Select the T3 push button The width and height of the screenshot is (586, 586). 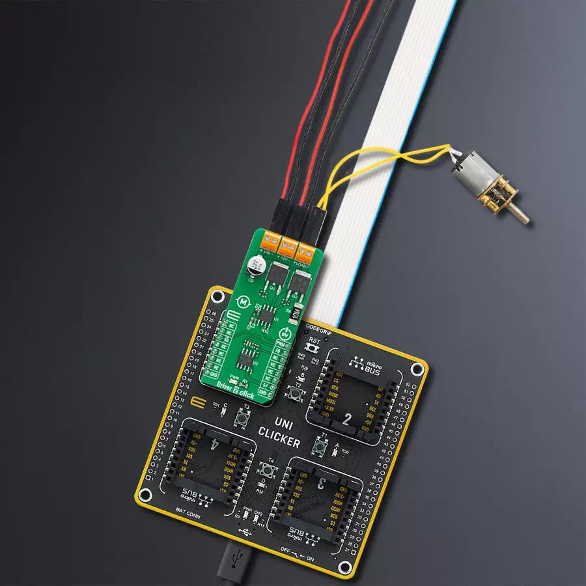(x=246, y=416)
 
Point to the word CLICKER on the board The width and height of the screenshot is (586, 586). (x=278, y=438)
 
